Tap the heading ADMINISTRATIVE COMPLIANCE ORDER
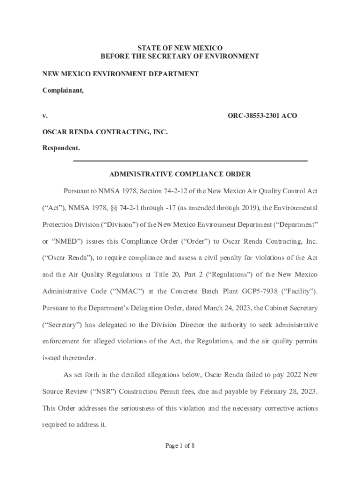180,174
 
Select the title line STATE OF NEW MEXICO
180,48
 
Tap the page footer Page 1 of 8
180,446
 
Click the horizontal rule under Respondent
191,161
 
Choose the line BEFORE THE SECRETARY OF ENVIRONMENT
180,57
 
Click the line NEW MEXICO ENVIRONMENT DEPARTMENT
121,74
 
